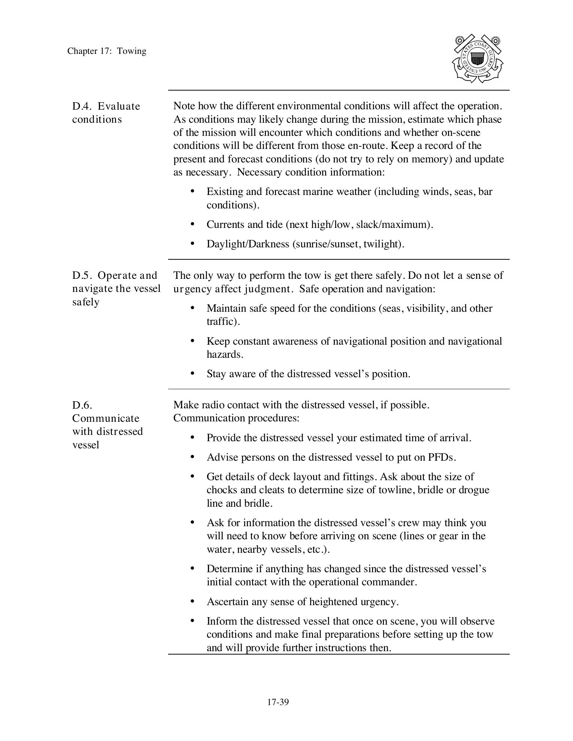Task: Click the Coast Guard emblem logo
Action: [477, 59]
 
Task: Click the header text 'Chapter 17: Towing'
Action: [107, 51]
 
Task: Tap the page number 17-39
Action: [278, 702]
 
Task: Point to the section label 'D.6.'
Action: [82, 405]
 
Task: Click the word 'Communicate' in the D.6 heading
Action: [106, 418]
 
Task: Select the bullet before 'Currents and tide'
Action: [192, 224]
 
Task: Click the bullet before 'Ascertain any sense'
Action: [192, 601]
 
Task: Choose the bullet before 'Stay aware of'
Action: [192, 373]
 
